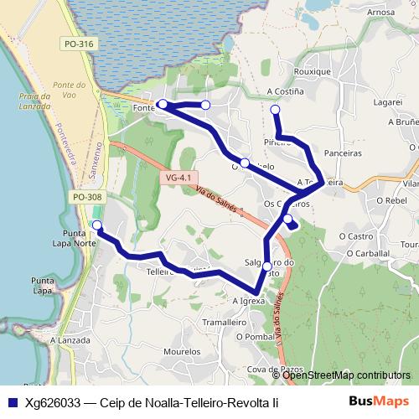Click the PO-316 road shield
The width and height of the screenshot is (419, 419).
coord(79,43)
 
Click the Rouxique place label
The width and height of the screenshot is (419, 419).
coord(313,72)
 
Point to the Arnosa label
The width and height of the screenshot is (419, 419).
coord(380,13)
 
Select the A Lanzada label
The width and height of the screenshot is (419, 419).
coord(70,341)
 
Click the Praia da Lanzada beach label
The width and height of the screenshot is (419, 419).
coord(35,101)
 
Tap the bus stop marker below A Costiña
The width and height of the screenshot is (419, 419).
coord(275,109)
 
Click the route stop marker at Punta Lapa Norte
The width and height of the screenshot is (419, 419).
coord(97,225)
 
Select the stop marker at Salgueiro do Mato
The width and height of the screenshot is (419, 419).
coord(267,266)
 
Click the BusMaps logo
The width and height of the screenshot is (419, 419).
coord(380,401)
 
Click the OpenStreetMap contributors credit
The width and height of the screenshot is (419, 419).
coord(346,375)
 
